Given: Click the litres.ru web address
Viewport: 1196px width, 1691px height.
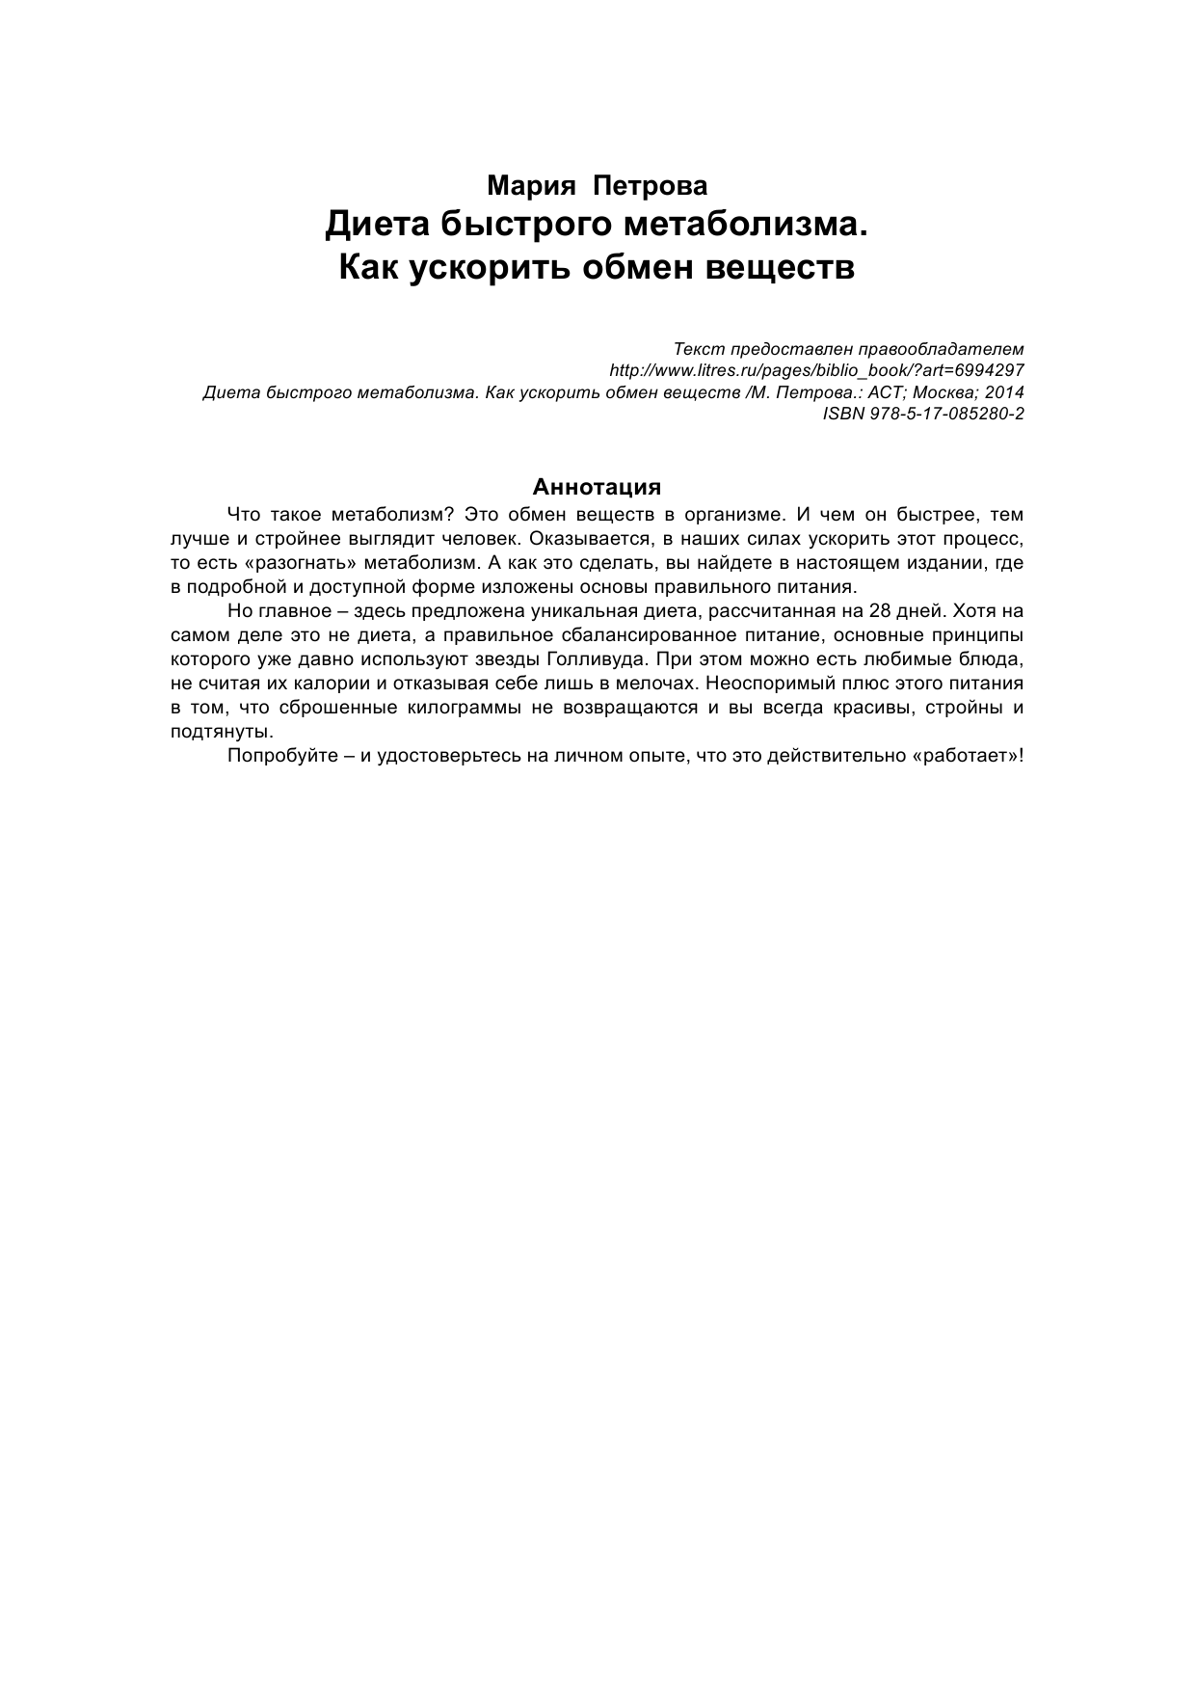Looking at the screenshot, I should point(817,370).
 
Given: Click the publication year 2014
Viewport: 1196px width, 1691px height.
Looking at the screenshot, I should point(1003,392).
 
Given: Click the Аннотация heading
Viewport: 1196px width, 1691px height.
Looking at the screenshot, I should point(597,486).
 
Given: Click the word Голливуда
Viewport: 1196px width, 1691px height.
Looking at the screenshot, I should point(591,659).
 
